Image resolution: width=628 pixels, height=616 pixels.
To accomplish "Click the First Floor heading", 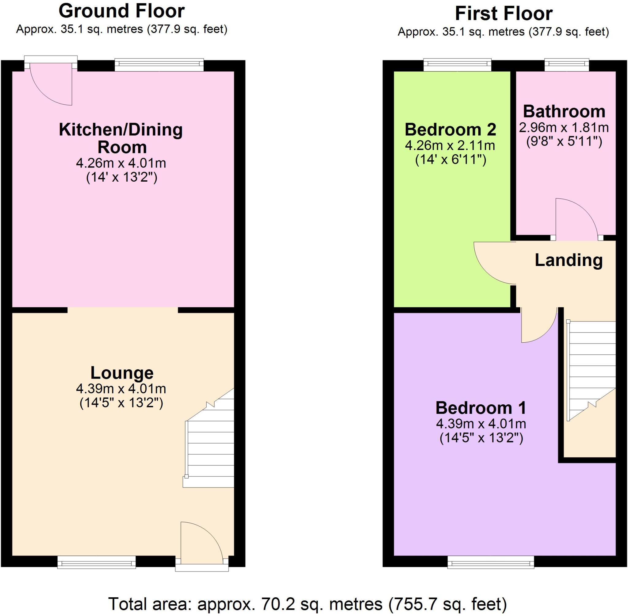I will [503, 13].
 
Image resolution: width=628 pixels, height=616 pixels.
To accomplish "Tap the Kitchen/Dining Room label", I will [121, 138].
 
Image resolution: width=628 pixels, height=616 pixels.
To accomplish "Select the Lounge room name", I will [122, 373].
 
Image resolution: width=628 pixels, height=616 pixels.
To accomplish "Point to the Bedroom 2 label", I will [450, 130].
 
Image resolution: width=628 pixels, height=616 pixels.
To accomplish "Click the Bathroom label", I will [564, 112].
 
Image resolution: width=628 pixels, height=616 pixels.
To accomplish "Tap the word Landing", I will [569, 260].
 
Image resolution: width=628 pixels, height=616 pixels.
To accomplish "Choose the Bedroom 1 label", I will [481, 408].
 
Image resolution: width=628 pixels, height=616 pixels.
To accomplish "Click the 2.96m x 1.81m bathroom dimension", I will [564, 128].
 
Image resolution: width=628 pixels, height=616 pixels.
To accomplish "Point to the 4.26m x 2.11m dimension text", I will [450, 146].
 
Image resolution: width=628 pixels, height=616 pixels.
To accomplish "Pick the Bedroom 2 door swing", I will [493, 264].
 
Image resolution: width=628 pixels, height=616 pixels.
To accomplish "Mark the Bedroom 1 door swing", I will [537, 325].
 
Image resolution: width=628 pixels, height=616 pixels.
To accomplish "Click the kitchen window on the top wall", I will [159, 65].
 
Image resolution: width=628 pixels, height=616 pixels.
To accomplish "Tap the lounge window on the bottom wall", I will [96, 562].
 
